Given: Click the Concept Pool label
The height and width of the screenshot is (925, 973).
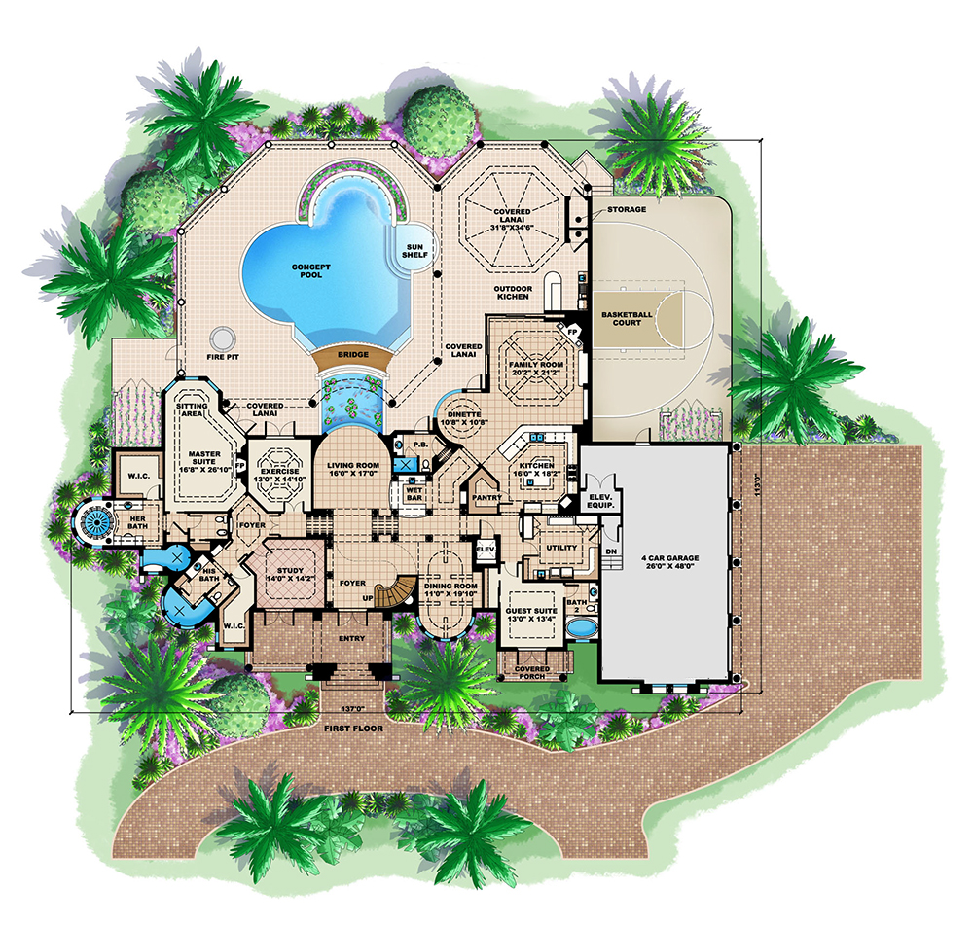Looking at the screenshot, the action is tap(311, 271).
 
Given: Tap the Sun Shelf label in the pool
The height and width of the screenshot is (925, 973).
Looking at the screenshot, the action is tap(414, 251).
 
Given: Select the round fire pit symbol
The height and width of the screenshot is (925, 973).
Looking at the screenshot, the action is tap(222, 338).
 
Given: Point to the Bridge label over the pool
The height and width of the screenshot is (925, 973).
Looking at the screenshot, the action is tap(353, 355).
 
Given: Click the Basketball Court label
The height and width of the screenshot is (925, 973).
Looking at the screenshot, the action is tap(627, 318).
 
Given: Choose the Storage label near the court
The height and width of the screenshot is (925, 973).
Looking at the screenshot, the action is tap(627, 210).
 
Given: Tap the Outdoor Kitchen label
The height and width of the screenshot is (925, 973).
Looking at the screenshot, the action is tap(513, 293).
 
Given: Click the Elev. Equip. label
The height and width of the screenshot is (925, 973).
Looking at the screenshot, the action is tap(600, 501).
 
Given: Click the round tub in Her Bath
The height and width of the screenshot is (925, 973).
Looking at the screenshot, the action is tap(96, 521).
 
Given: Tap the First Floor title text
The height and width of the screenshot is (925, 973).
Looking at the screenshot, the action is tap(354, 729).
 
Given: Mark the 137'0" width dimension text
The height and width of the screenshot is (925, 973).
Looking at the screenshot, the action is tap(353, 708).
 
